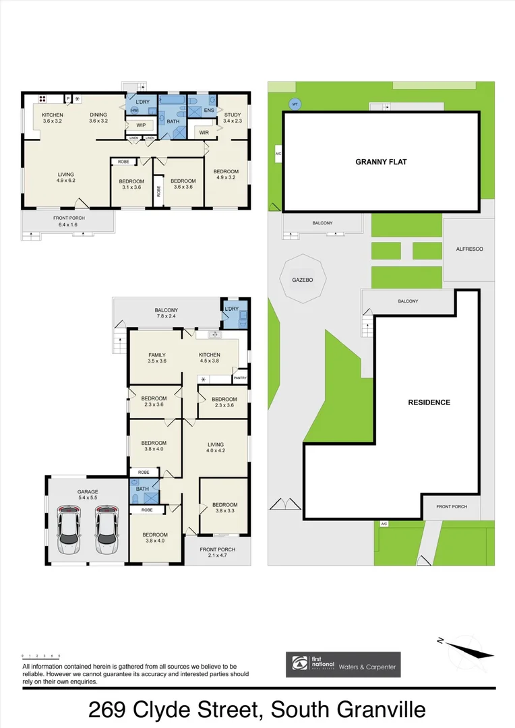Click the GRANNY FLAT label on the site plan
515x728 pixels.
(382, 162)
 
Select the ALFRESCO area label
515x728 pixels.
(469, 249)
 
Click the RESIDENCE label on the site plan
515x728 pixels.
(429, 402)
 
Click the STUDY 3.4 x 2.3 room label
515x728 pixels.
(231, 118)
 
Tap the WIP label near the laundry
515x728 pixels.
(142, 125)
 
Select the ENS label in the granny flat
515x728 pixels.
(209, 109)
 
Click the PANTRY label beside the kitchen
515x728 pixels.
(241, 378)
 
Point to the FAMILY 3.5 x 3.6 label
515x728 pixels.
(157, 358)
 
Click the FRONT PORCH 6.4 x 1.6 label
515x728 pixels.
(66, 220)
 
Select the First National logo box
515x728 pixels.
(343, 664)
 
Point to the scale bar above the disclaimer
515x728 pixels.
(41, 655)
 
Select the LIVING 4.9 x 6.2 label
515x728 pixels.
(65, 177)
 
